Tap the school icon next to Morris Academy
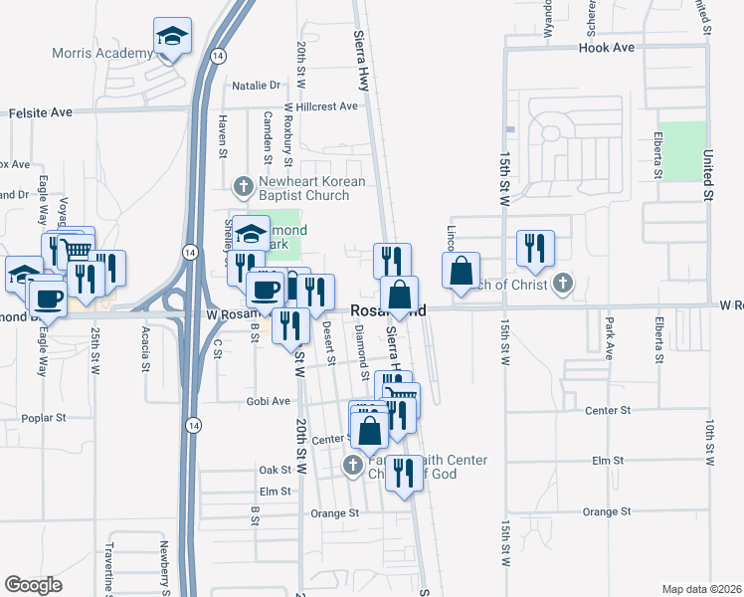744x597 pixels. [x=173, y=38]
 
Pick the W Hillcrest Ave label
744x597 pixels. [x=320, y=106]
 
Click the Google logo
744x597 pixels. [x=33, y=584]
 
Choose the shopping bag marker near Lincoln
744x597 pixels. [x=462, y=271]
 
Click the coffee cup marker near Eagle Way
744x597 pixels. [x=48, y=297]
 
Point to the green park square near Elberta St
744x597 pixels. [x=682, y=151]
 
